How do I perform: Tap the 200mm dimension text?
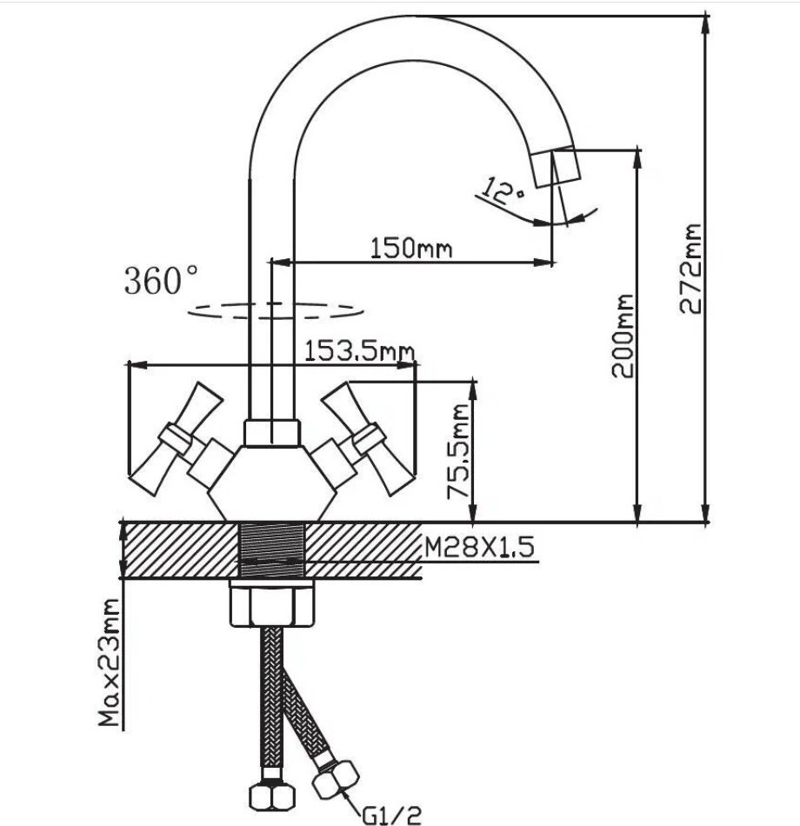[623, 336]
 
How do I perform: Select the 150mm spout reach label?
[411, 248]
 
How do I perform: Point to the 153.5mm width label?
[359, 350]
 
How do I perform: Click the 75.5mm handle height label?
[458, 451]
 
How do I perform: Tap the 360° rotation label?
[161, 279]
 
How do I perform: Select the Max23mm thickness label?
[109, 663]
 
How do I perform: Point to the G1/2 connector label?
[391, 816]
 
